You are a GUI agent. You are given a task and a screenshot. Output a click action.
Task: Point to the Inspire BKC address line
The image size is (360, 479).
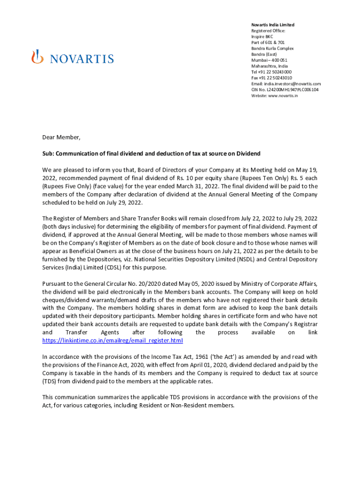(x=262, y=36)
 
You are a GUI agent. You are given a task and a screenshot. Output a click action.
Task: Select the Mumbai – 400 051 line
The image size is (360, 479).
(x=269, y=60)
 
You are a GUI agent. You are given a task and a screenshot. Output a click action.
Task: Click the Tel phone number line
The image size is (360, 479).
(x=272, y=72)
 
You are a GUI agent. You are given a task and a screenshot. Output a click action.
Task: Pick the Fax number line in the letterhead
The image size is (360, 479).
(x=272, y=78)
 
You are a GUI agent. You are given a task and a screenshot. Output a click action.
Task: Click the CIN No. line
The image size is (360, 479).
(x=285, y=90)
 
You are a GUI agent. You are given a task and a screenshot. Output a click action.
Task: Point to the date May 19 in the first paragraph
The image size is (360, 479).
(x=308, y=170)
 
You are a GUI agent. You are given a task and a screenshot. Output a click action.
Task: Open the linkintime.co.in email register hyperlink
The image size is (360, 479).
(x=112, y=340)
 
